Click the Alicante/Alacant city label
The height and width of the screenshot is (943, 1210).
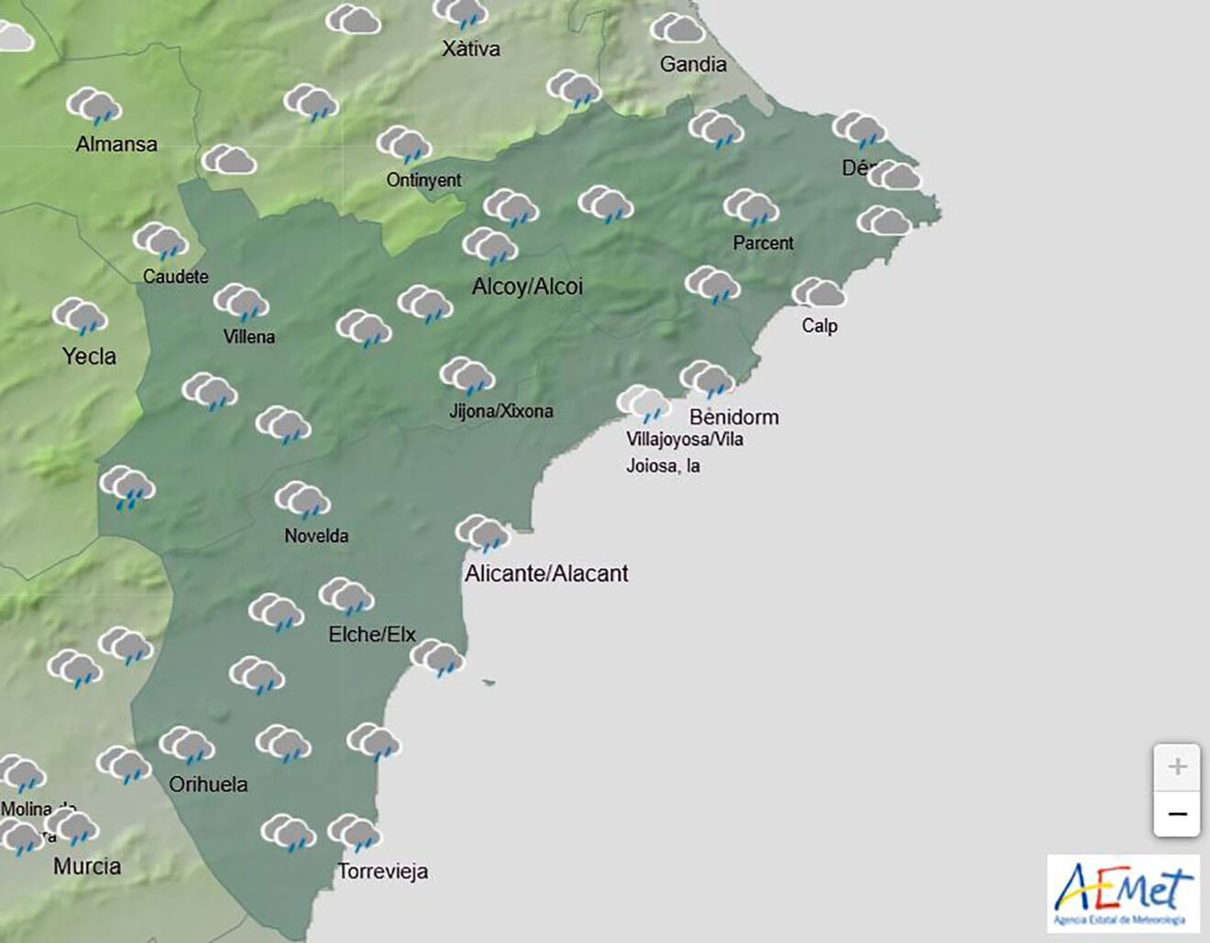coord(546,574)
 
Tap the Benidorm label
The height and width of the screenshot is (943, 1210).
coord(734,417)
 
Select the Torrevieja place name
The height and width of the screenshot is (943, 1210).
coord(383,871)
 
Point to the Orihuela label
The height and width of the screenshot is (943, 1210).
coord(208,784)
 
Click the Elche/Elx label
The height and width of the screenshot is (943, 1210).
coord(372,634)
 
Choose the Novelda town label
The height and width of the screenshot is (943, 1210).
coord(316,536)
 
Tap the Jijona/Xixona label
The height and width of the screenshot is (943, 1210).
coord(501,411)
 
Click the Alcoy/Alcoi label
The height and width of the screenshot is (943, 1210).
coord(527,287)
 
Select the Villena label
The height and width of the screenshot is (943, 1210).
coord(249,336)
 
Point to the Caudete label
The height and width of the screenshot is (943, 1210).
coord(176,276)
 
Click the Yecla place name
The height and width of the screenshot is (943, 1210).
coord(89,356)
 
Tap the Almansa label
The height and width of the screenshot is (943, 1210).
coord(116,144)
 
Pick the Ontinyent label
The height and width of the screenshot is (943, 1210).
coord(423,180)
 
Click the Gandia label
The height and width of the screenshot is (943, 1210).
coord(693,64)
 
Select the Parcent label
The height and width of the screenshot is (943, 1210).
coord(763,243)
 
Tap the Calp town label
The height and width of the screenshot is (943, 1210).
coord(819,325)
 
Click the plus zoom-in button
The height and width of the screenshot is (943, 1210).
coord(1177,767)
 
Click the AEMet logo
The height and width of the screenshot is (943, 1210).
coord(1124,894)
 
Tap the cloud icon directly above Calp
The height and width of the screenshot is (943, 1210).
coord(819,293)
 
